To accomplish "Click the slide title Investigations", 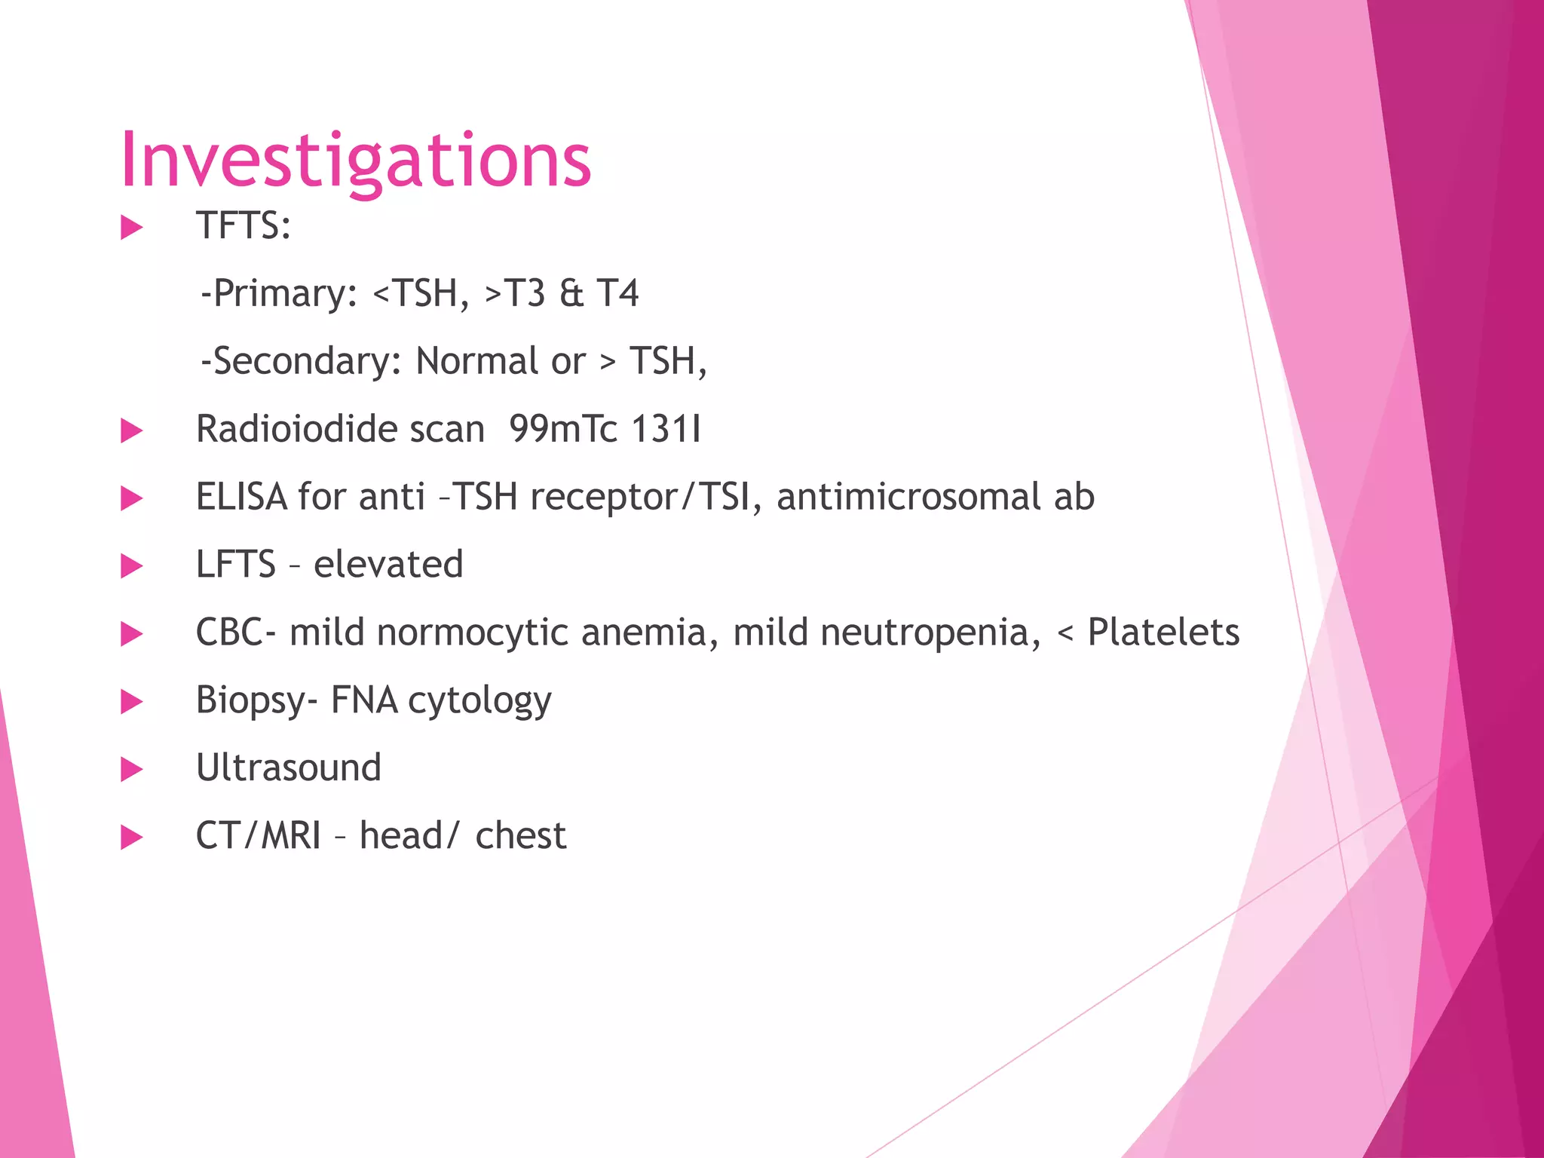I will [x=355, y=161].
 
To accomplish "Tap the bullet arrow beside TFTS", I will [x=131, y=227].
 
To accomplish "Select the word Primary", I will [x=284, y=293].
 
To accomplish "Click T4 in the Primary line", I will [x=617, y=293].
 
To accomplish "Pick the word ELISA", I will [x=241, y=497].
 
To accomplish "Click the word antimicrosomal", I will [x=908, y=497].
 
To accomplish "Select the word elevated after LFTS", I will [x=388, y=565].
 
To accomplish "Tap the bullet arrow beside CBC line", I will [x=131, y=633].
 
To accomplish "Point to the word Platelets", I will [x=1163, y=633].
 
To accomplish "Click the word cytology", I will [x=479, y=700].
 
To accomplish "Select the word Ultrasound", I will [x=288, y=768].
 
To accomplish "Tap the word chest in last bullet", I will [x=520, y=836].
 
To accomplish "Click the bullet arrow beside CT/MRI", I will [x=131, y=837].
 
